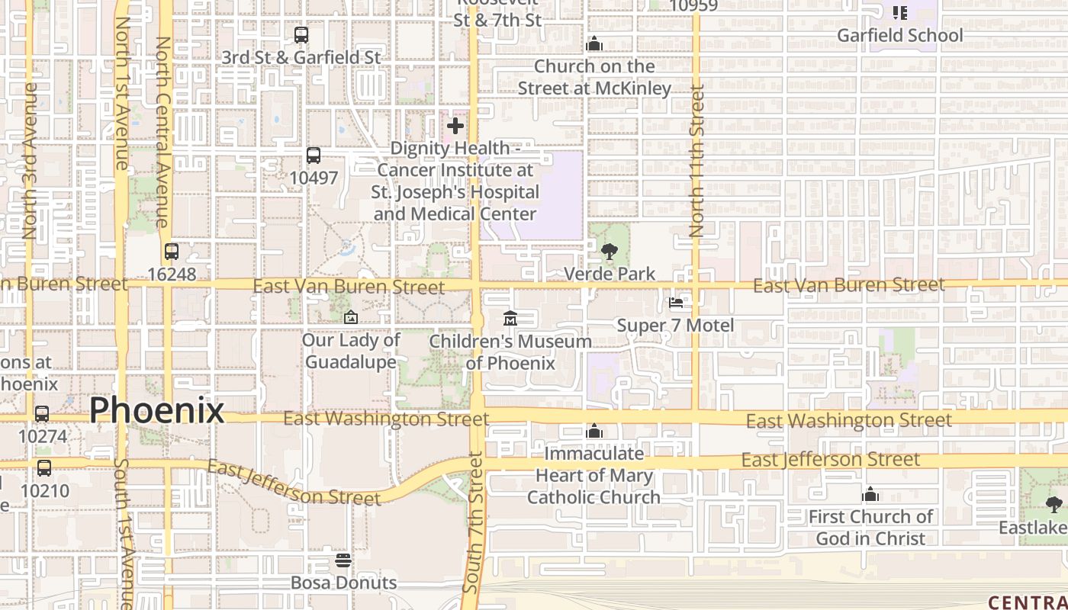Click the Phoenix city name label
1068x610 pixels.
pos(156,411)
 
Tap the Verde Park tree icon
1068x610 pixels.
pos(609,251)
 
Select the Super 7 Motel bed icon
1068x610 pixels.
pos(676,303)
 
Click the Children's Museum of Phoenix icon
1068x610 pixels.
pos(510,318)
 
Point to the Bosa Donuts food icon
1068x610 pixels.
pos(343,560)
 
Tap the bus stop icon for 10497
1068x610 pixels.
pos(313,156)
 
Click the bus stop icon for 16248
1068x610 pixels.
pos(172,252)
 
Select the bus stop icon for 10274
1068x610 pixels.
pos(42,414)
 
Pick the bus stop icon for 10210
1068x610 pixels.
pos(44,468)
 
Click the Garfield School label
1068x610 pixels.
pos(900,35)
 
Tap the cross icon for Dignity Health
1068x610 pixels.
pos(455,125)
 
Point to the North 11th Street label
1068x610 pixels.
pos(696,160)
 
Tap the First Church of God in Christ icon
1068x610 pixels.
pos(870,495)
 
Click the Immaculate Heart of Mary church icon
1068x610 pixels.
pos(594,432)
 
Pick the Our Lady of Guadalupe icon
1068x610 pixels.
pos(351,317)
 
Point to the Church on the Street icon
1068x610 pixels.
pos(594,44)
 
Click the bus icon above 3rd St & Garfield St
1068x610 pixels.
pos(301,35)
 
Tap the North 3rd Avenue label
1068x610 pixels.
pos(30,160)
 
